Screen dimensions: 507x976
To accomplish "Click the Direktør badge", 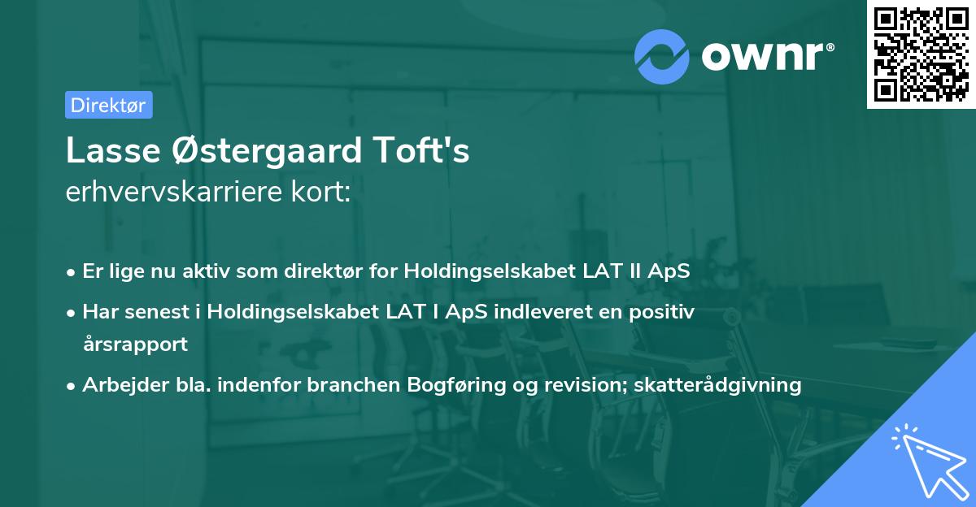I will tap(108, 105).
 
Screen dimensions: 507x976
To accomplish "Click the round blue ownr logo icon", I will tap(662, 57).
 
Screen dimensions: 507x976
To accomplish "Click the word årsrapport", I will tap(135, 344).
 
